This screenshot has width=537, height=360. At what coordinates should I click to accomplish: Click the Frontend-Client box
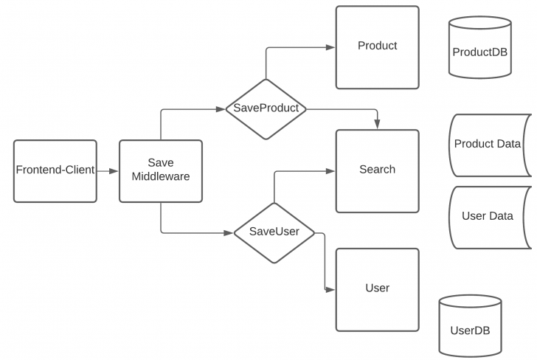55,170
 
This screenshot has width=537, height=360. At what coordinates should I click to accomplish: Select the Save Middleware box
160,170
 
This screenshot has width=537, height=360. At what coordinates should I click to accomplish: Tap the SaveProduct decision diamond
266,108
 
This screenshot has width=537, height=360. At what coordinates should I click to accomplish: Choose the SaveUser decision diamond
274,232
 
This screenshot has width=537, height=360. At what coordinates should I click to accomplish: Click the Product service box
377,47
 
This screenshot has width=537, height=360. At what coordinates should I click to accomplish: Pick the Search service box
377,170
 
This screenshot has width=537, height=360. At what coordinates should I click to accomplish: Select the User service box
377,288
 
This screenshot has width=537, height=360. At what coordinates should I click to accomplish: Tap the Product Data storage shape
488,145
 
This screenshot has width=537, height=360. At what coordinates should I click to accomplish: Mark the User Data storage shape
488,217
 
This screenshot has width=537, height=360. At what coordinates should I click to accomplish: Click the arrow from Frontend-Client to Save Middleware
108,170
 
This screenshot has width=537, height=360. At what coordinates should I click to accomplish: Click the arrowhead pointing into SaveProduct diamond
221,108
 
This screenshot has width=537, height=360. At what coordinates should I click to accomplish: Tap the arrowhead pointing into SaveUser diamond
229,232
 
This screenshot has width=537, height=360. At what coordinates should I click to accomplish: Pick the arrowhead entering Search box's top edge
377,125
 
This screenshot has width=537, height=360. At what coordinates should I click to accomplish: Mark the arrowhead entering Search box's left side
331,171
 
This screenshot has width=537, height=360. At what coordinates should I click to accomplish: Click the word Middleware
160,177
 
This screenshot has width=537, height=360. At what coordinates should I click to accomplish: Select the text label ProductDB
479,52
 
